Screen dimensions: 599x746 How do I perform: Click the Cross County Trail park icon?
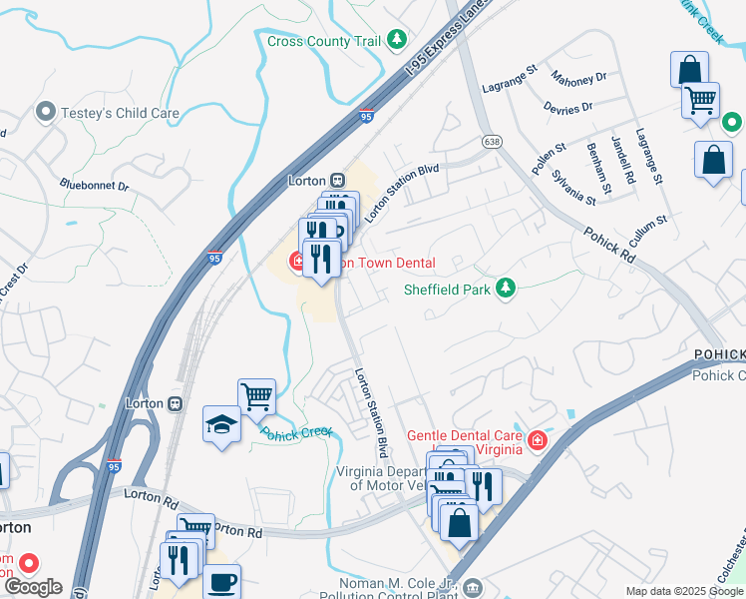[398, 40]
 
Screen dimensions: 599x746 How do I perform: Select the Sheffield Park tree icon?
[507, 290]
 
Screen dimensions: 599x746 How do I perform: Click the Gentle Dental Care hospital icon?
[538, 440]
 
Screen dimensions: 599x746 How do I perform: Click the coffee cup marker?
[221, 581]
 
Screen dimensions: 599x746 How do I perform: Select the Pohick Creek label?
[296, 432]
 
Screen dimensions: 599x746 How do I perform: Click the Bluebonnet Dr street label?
[94, 185]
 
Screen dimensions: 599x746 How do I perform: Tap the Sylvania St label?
[575, 187]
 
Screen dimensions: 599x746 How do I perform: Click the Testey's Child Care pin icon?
[45, 112]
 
